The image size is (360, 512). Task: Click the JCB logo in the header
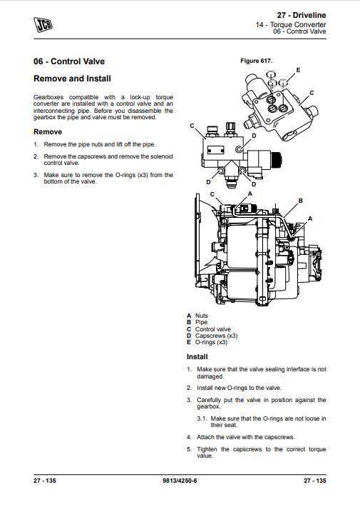43,24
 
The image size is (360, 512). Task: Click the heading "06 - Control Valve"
69,61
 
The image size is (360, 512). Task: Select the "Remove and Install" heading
73,79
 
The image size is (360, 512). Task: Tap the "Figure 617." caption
257,61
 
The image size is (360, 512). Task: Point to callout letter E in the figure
298,70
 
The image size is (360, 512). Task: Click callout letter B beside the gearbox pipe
301,201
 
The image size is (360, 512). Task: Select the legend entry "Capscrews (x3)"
216,336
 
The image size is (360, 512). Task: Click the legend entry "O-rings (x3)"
211,342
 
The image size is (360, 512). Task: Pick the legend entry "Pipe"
201,322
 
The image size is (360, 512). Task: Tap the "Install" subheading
197,357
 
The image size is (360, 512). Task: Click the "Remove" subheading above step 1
48,132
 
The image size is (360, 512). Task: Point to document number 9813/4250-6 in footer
180,481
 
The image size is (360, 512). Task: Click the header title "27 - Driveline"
302,15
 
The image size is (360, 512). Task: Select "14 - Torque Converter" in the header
291,24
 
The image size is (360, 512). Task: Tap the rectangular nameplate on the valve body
215,150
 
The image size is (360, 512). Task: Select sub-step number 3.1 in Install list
202,418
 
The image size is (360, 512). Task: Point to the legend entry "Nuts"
201,316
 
